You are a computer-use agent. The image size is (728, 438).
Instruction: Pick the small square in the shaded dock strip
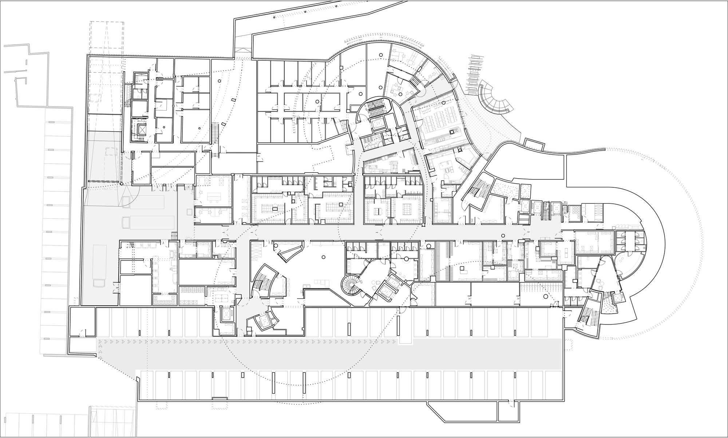[189, 212]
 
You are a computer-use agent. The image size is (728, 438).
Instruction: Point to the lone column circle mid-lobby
[323, 258]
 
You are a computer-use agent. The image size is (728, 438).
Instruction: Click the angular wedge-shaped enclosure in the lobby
[290, 251]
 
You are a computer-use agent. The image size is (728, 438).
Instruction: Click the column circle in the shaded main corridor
[503, 235]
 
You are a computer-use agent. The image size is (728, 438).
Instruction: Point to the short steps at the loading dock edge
[174, 235]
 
